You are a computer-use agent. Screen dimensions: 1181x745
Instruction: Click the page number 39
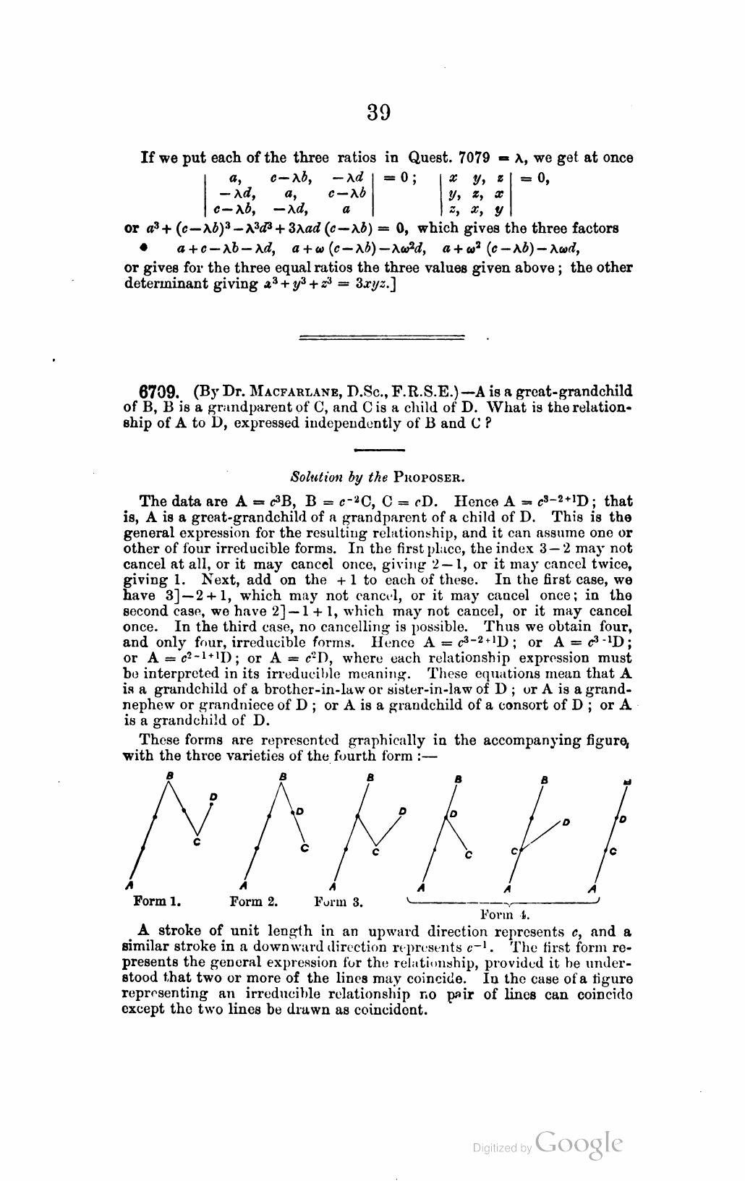click(x=379, y=113)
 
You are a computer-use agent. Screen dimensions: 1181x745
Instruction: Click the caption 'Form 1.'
click(x=158, y=902)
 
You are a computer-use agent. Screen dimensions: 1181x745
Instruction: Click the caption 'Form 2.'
click(x=254, y=902)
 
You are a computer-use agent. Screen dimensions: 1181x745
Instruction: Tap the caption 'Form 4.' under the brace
click(x=501, y=914)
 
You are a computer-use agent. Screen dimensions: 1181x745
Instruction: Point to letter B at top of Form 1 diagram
click(x=169, y=775)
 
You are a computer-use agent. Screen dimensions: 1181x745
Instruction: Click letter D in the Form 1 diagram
click(x=213, y=796)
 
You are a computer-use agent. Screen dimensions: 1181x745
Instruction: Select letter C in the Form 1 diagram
click(x=197, y=842)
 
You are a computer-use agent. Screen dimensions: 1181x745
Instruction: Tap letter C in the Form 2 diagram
click(x=305, y=847)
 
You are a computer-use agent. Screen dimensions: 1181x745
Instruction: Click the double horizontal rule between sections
click(x=382, y=336)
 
